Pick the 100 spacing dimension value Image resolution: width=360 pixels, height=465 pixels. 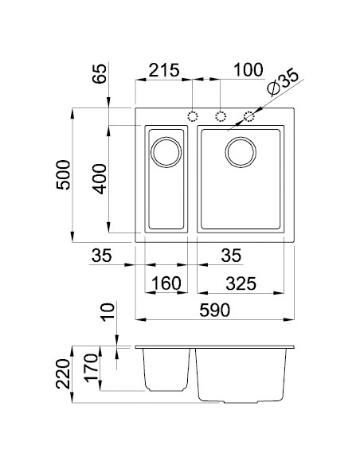[x=248, y=69]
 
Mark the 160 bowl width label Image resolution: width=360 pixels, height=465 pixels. [x=166, y=283]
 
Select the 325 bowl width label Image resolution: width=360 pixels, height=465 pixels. [x=241, y=283]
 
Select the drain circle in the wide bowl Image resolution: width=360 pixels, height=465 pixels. [x=241, y=151]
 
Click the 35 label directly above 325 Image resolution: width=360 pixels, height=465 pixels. [x=230, y=256]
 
